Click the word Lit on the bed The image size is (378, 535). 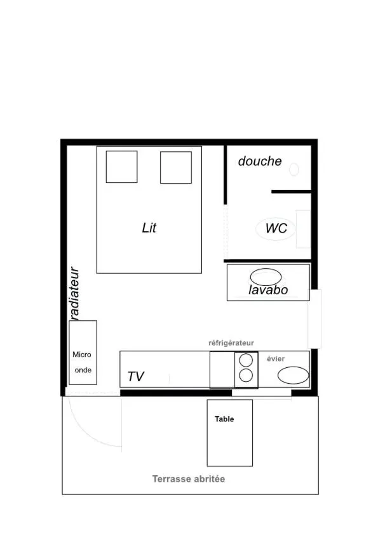149,227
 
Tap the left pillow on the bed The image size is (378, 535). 121,167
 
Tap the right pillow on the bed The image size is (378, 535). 176,167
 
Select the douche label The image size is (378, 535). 260,161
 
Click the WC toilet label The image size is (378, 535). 276,229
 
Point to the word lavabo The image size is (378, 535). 268,290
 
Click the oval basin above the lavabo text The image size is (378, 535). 266,277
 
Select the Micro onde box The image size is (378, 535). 83,353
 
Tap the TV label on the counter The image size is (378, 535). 135,376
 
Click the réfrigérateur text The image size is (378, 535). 232,343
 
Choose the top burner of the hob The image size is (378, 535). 246,361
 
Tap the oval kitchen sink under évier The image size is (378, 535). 292,375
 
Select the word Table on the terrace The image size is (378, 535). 224,419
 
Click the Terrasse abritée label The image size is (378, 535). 189,479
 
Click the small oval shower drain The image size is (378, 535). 294,170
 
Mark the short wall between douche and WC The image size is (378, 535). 291,191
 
